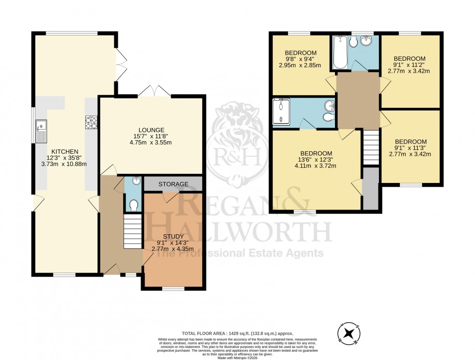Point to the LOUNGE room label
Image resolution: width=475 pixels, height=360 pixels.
(151, 130)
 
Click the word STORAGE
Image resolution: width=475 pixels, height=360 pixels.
(173, 184)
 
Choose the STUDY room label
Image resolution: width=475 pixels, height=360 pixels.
(173, 236)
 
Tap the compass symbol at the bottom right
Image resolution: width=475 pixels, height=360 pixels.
(348, 334)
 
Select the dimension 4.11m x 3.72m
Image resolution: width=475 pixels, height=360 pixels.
(315, 166)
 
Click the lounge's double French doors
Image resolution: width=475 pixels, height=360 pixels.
(154, 91)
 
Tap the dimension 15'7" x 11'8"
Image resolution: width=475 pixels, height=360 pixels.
(151, 136)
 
